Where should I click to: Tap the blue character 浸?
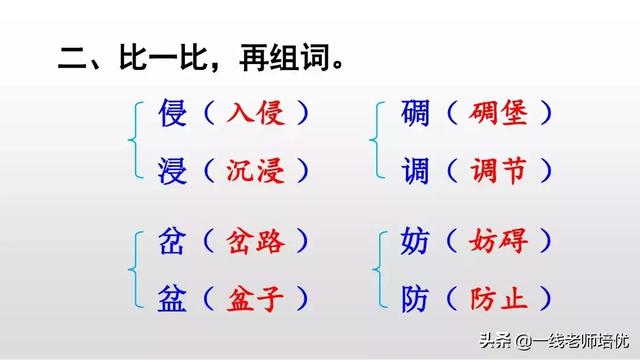(x=173, y=170)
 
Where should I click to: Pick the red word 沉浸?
(x=254, y=170)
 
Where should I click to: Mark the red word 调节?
(x=496, y=170)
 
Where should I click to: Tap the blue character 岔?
(x=173, y=241)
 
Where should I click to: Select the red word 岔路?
(x=254, y=241)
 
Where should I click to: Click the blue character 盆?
(x=173, y=298)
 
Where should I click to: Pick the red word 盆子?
(x=254, y=298)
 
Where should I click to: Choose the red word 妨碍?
(x=496, y=241)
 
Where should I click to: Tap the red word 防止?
(x=496, y=298)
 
